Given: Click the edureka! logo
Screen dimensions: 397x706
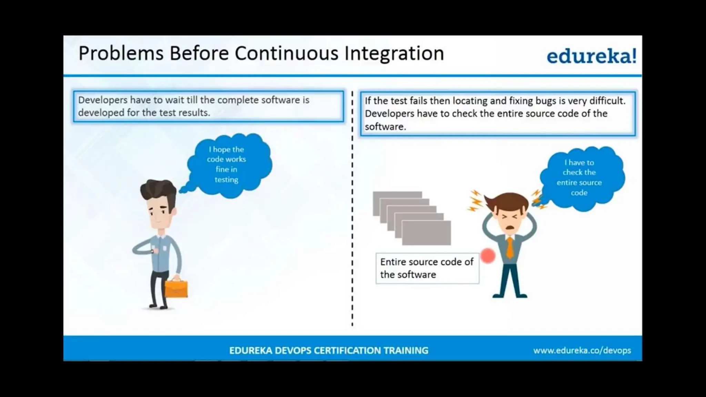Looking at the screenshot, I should coord(591,56).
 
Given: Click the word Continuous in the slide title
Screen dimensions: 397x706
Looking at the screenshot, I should coord(286,53).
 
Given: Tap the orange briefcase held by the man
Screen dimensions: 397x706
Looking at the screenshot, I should coord(176,289).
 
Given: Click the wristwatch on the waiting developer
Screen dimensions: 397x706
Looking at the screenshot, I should coord(152,251).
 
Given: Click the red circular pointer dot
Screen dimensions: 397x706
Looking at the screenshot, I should coord(487,256).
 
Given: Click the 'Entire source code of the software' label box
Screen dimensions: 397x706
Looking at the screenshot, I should coord(427,268).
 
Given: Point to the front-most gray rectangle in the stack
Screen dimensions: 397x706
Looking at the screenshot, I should coord(426,233).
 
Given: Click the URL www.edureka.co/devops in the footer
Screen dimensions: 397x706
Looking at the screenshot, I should coord(582,350).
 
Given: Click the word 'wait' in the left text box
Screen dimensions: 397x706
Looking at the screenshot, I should coord(174,100).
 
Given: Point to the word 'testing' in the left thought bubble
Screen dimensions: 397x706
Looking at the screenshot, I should coord(226,180).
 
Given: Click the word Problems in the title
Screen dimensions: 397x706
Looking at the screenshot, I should coord(121,54).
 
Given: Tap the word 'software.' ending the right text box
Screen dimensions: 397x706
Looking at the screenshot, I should coord(385,127).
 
